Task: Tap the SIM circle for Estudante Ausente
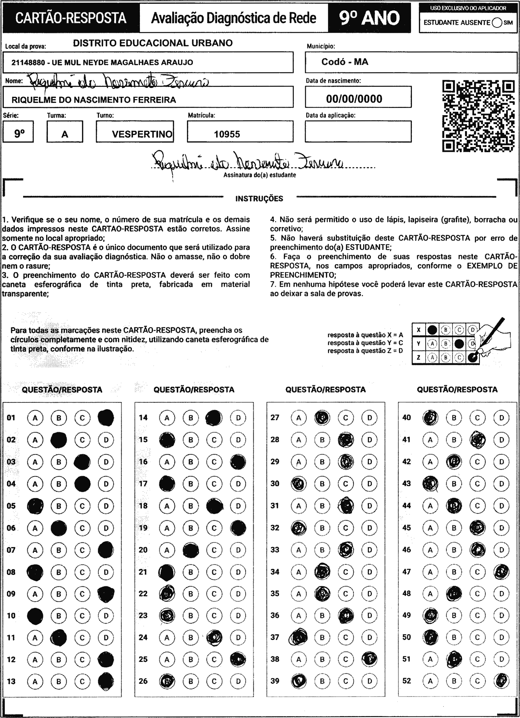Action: tap(497, 23)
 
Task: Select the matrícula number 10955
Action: tap(227, 134)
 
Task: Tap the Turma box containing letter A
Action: tap(64, 134)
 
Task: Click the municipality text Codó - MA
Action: tap(345, 62)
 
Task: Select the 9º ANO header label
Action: tap(369, 18)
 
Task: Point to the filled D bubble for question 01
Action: tap(106, 417)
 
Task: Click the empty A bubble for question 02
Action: tap(35, 440)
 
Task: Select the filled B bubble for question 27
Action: tap(322, 417)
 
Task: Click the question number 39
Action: tap(275, 681)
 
